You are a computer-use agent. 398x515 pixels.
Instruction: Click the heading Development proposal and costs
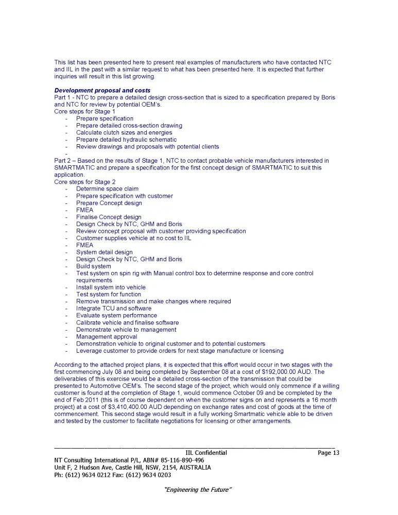click(102, 91)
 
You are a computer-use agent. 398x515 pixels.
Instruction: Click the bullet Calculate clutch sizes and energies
click(124, 132)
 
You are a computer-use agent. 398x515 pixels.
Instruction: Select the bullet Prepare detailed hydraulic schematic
click(126, 140)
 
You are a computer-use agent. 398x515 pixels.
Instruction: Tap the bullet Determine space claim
click(107, 189)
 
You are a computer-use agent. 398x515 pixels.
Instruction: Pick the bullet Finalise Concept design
click(109, 217)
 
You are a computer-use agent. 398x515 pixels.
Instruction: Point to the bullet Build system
click(93, 266)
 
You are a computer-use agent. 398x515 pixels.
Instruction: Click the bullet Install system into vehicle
click(111, 287)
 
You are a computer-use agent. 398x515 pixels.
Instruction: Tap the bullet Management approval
click(107, 336)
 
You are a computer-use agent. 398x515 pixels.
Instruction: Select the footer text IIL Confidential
click(206, 453)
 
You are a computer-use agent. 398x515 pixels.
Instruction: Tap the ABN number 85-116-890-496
click(178, 460)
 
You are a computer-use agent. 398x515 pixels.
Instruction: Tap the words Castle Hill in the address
click(136, 468)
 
